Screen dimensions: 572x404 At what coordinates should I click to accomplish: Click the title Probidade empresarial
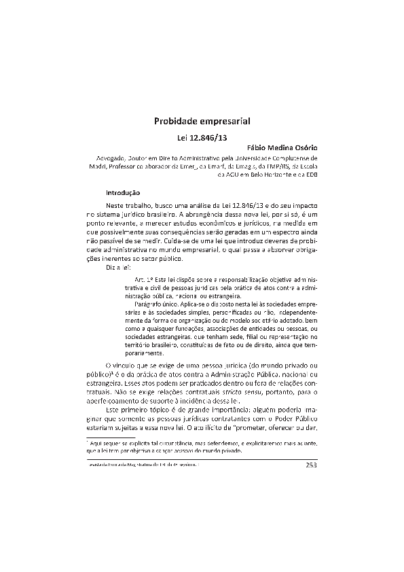click(x=202, y=122)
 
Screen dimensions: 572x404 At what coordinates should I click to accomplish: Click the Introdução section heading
click(x=123, y=192)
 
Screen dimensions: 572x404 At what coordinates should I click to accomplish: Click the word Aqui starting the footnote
click(x=96, y=442)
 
